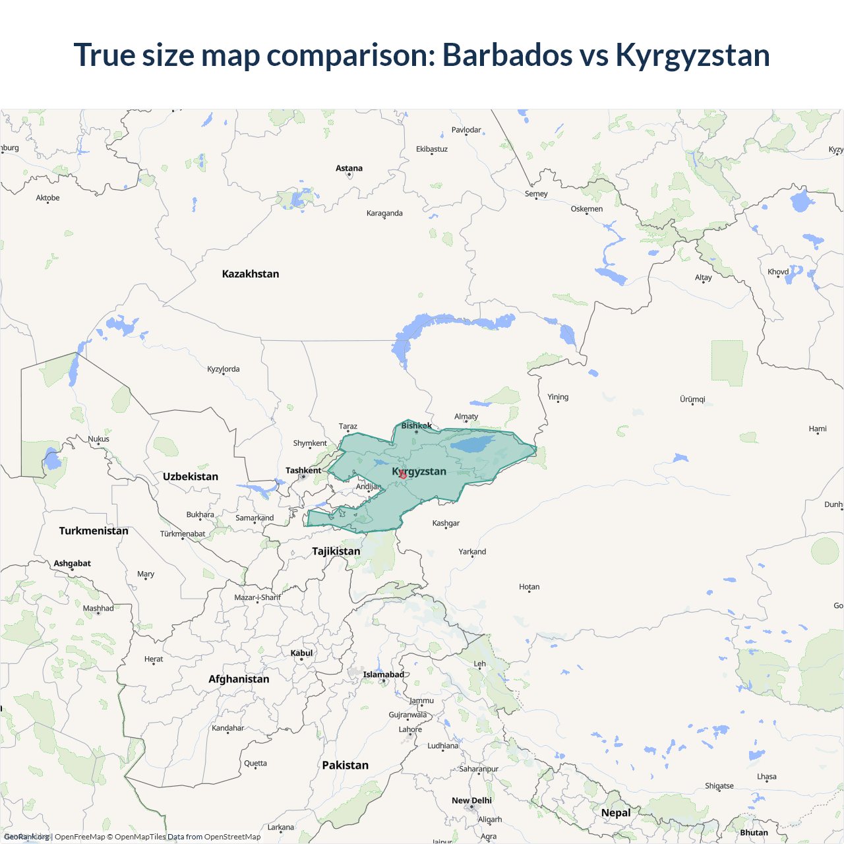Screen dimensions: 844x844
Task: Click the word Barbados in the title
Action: tap(507, 55)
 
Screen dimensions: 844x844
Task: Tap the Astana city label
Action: tap(349, 169)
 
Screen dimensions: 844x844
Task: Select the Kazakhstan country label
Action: tap(251, 274)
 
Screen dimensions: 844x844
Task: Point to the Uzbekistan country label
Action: tap(191, 477)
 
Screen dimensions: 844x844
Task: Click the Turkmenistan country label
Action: tap(94, 531)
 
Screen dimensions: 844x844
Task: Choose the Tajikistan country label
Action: tap(336, 551)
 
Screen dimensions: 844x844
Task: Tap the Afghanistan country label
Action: tap(239, 679)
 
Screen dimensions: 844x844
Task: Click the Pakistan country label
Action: tap(345, 766)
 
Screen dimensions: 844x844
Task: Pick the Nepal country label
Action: tap(616, 813)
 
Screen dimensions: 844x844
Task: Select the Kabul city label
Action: tap(301, 653)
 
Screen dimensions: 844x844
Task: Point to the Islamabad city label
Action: tap(384, 675)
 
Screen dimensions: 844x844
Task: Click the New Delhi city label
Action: tap(471, 800)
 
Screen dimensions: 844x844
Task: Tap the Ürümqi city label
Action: tap(692, 400)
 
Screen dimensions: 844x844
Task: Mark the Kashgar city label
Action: tap(446, 524)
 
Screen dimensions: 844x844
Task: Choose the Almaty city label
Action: tap(466, 417)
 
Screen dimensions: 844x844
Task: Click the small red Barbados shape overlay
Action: tap(403, 475)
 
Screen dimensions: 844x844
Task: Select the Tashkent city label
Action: tap(303, 471)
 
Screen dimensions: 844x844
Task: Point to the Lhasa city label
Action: tap(766, 777)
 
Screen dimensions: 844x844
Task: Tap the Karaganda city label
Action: tap(384, 214)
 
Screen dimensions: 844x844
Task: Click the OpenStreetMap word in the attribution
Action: tap(232, 837)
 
